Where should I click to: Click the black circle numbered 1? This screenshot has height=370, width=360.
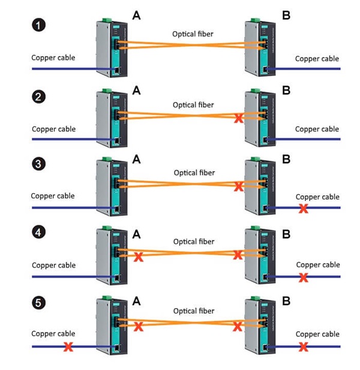tap(39, 25)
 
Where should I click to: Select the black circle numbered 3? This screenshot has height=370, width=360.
tap(39, 164)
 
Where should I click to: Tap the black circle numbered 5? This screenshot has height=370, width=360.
tap(39, 302)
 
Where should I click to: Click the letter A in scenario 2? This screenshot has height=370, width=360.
tap(136, 91)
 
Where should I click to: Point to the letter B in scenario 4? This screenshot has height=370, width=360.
tap(286, 234)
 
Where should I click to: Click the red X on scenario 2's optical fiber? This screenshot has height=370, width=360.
tap(238, 118)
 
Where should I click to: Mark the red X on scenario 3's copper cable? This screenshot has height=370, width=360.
tap(304, 208)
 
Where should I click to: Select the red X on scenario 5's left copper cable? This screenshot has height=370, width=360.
tap(68, 347)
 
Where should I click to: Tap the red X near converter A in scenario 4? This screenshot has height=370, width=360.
tap(139, 257)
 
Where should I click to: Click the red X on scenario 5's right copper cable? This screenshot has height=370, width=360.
tap(304, 347)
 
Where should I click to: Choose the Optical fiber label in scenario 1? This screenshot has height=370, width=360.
tap(193, 34)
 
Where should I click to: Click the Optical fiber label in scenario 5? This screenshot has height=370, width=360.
tap(194, 311)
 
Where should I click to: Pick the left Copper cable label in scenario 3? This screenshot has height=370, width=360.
tap(53, 196)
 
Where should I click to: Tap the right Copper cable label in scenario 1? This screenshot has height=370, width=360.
tap(317, 59)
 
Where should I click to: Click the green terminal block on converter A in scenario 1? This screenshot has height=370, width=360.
tap(107, 20)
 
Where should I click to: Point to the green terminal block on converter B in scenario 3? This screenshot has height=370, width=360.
tap(255, 159)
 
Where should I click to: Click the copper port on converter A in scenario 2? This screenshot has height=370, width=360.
tap(116, 141)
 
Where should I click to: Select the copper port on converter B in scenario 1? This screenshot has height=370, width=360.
tap(265, 70)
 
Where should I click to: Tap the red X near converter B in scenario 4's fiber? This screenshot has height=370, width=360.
tap(238, 255)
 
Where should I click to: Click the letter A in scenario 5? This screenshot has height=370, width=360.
tap(136, 301)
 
